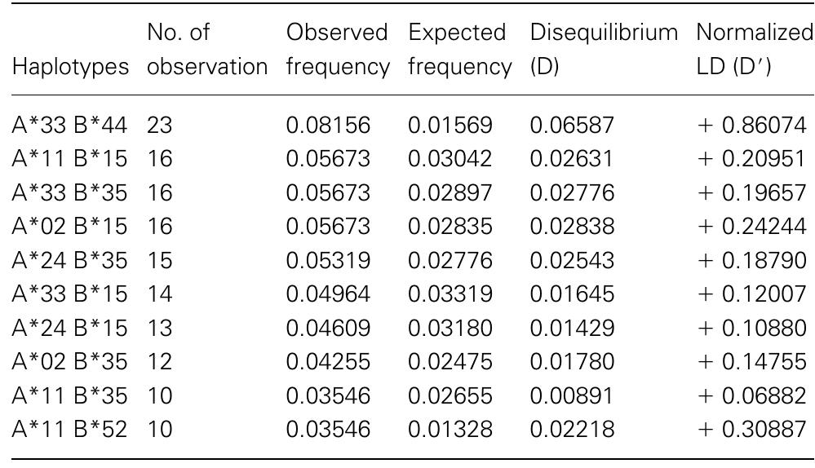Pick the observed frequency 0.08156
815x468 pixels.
click(328, 126)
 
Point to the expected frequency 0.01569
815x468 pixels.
click(450, 126)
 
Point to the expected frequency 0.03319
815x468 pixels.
click(450, 293)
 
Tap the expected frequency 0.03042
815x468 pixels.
click(450, 159)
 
